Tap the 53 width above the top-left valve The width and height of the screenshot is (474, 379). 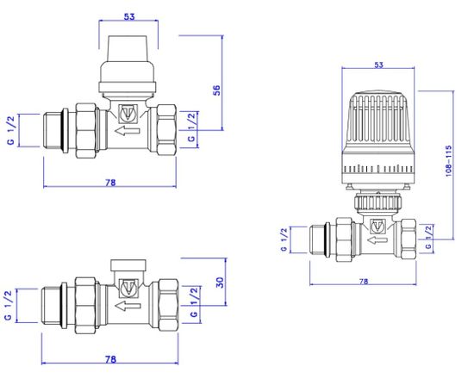[129, 16]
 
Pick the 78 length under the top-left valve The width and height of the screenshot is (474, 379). [110, 183]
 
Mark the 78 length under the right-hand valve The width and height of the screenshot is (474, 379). [365, 281]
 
